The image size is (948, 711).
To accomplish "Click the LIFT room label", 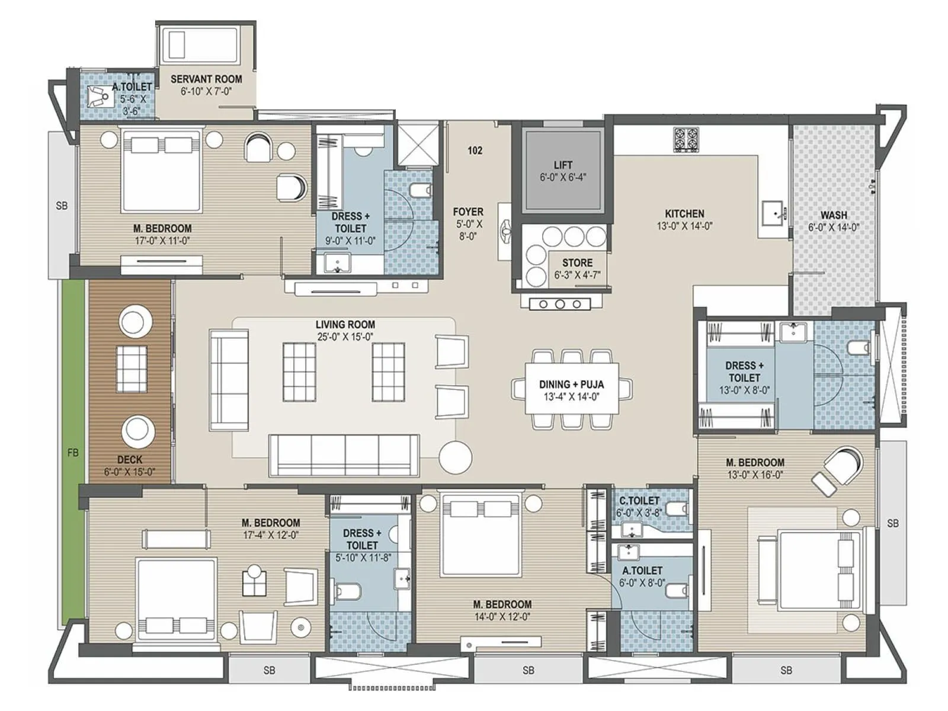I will tap(563, 165).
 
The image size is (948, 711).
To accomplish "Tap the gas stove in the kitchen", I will tap(686, 140).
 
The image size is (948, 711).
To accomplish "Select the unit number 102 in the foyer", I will tap(475, 150).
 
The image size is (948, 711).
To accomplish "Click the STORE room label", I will tap(577, 262).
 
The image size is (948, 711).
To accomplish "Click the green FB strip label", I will tap(73, 453).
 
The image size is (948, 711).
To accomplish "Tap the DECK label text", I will tap(129, 459).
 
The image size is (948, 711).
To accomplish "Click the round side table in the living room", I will tap(455, 457).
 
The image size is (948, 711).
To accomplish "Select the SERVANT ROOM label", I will tap(206, 79).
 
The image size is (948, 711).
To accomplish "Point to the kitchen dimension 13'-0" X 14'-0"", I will tap(684, 226).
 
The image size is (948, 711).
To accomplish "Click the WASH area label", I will tap(834, 215).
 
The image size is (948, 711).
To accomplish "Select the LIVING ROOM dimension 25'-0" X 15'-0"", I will tap(345, 337).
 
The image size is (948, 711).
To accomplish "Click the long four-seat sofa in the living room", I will tap(344, 455).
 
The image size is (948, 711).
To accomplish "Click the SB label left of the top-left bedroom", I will tap(62, 206).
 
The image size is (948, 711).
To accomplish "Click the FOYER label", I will tap(468, 212).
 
